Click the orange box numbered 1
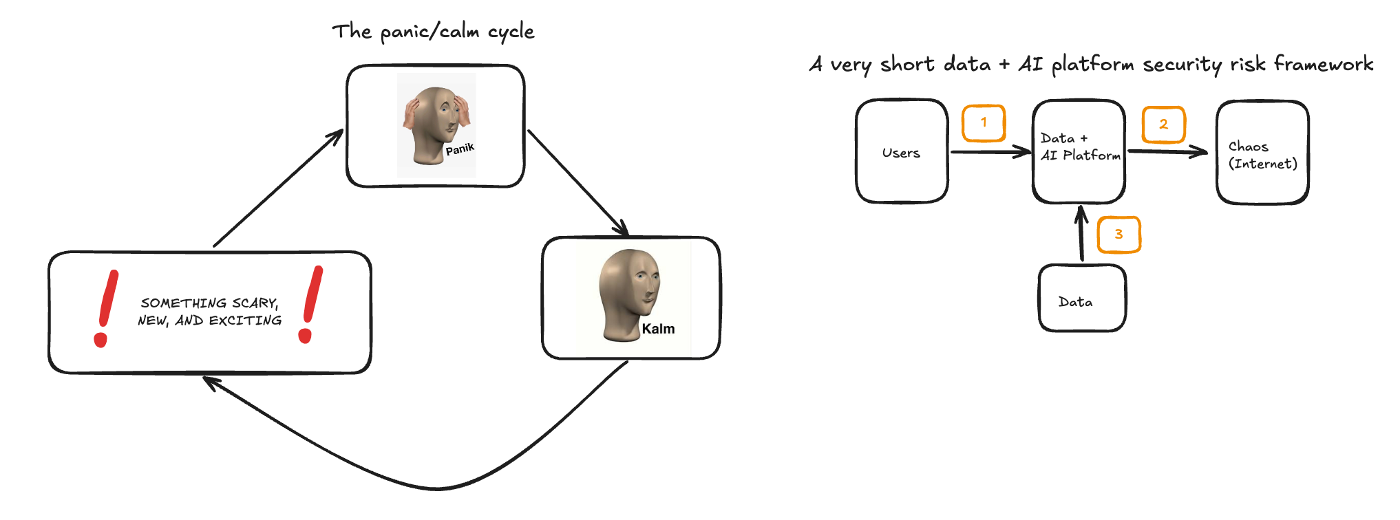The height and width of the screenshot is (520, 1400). coord(984,123)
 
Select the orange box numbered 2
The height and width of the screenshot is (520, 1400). coord(1163,124)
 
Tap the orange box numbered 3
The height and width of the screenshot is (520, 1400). coord(1118,235)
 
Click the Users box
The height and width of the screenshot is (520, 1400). coord(902,152)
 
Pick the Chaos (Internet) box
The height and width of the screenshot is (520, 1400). coord(1262,153)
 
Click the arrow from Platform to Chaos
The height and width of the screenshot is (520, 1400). coord(1167,151)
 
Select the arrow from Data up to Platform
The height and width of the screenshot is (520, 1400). coord(1081,234)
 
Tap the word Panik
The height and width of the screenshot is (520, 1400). coord(460,149)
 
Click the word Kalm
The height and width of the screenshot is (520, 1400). coord(658,329)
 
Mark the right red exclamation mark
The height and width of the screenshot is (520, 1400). coord(310,304)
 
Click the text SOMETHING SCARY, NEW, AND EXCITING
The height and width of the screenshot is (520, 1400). coord(209,312)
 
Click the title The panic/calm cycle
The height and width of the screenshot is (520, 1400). coord(433,32)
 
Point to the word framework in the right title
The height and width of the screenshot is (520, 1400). coord(1323,64)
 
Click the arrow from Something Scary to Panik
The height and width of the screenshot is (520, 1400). coord(279,187)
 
